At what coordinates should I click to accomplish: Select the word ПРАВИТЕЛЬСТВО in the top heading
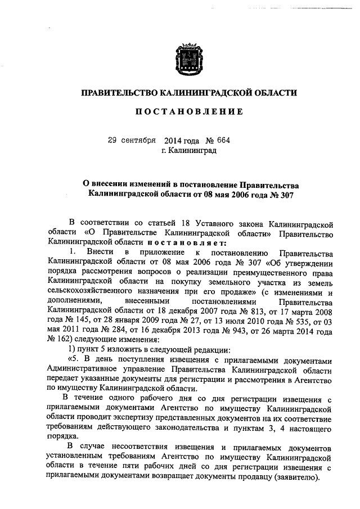click(x=118, y=92)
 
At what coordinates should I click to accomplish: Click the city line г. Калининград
click(x=188, y=150)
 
